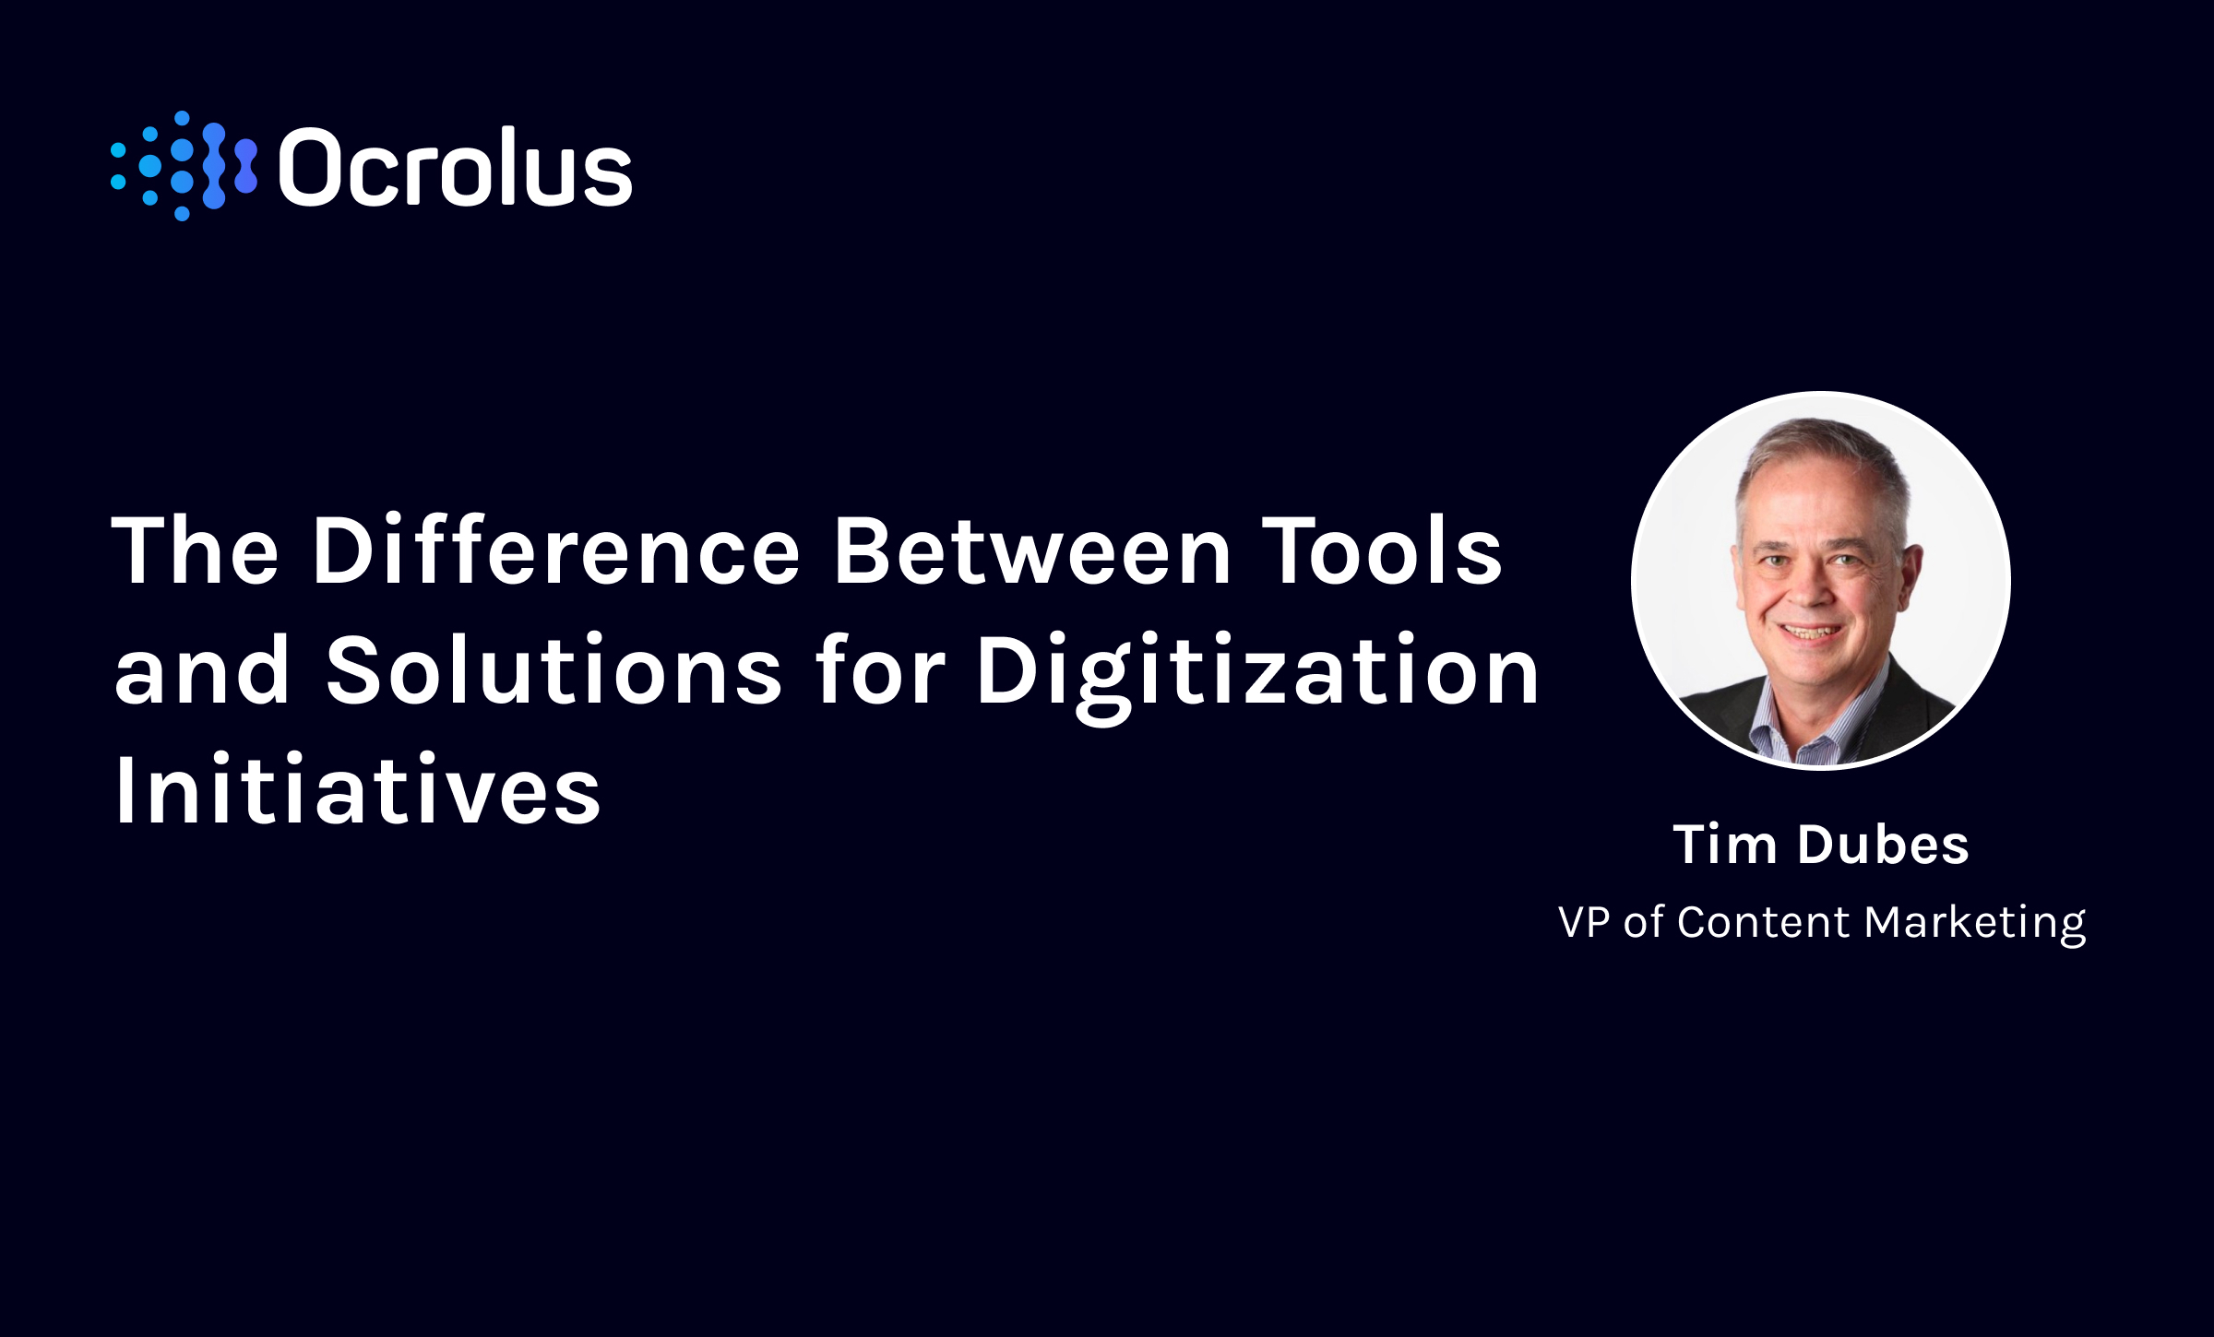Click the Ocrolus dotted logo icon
pos(184,167)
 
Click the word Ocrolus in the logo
pos(455,169)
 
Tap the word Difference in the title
pos(556,551)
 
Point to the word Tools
pos(1382,551)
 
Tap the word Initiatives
pos(358,791)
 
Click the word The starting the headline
pos(195,551)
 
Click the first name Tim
pos(1724,845)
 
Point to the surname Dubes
pos(1883,845)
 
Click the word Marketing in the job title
pos(1975,923)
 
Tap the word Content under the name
pos(1763,922)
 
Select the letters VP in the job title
pos(1584,922)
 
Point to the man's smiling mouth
pos(1810,633)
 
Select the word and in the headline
pos(202,671)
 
